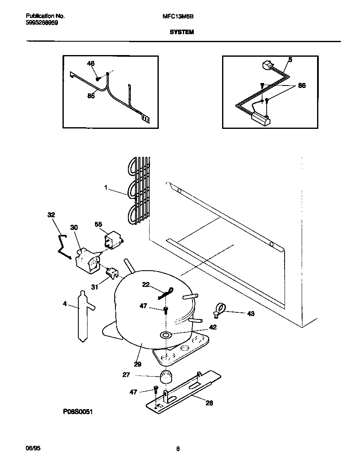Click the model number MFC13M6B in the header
pyautogui.click(x=180, y=16)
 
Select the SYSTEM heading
pyautogui.click(x=181, y=32)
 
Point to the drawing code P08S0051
pyautogui.click(x=77, y=412)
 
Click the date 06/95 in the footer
pyautogui.click(x=32, y=448)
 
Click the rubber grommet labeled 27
pyautogui.click(x=166, y=376)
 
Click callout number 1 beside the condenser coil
pyautogui.click(x=107, y=189)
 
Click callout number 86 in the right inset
pyautogui.click(x=302, y=85)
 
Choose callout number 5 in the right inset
pyautogui.click(x=290, y=60)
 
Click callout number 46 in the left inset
pyautogui.click(x=90, y=63)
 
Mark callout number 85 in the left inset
pyautogui.click(x=91, y=96)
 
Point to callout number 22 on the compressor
pyautogui.click(x=146, y=284)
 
